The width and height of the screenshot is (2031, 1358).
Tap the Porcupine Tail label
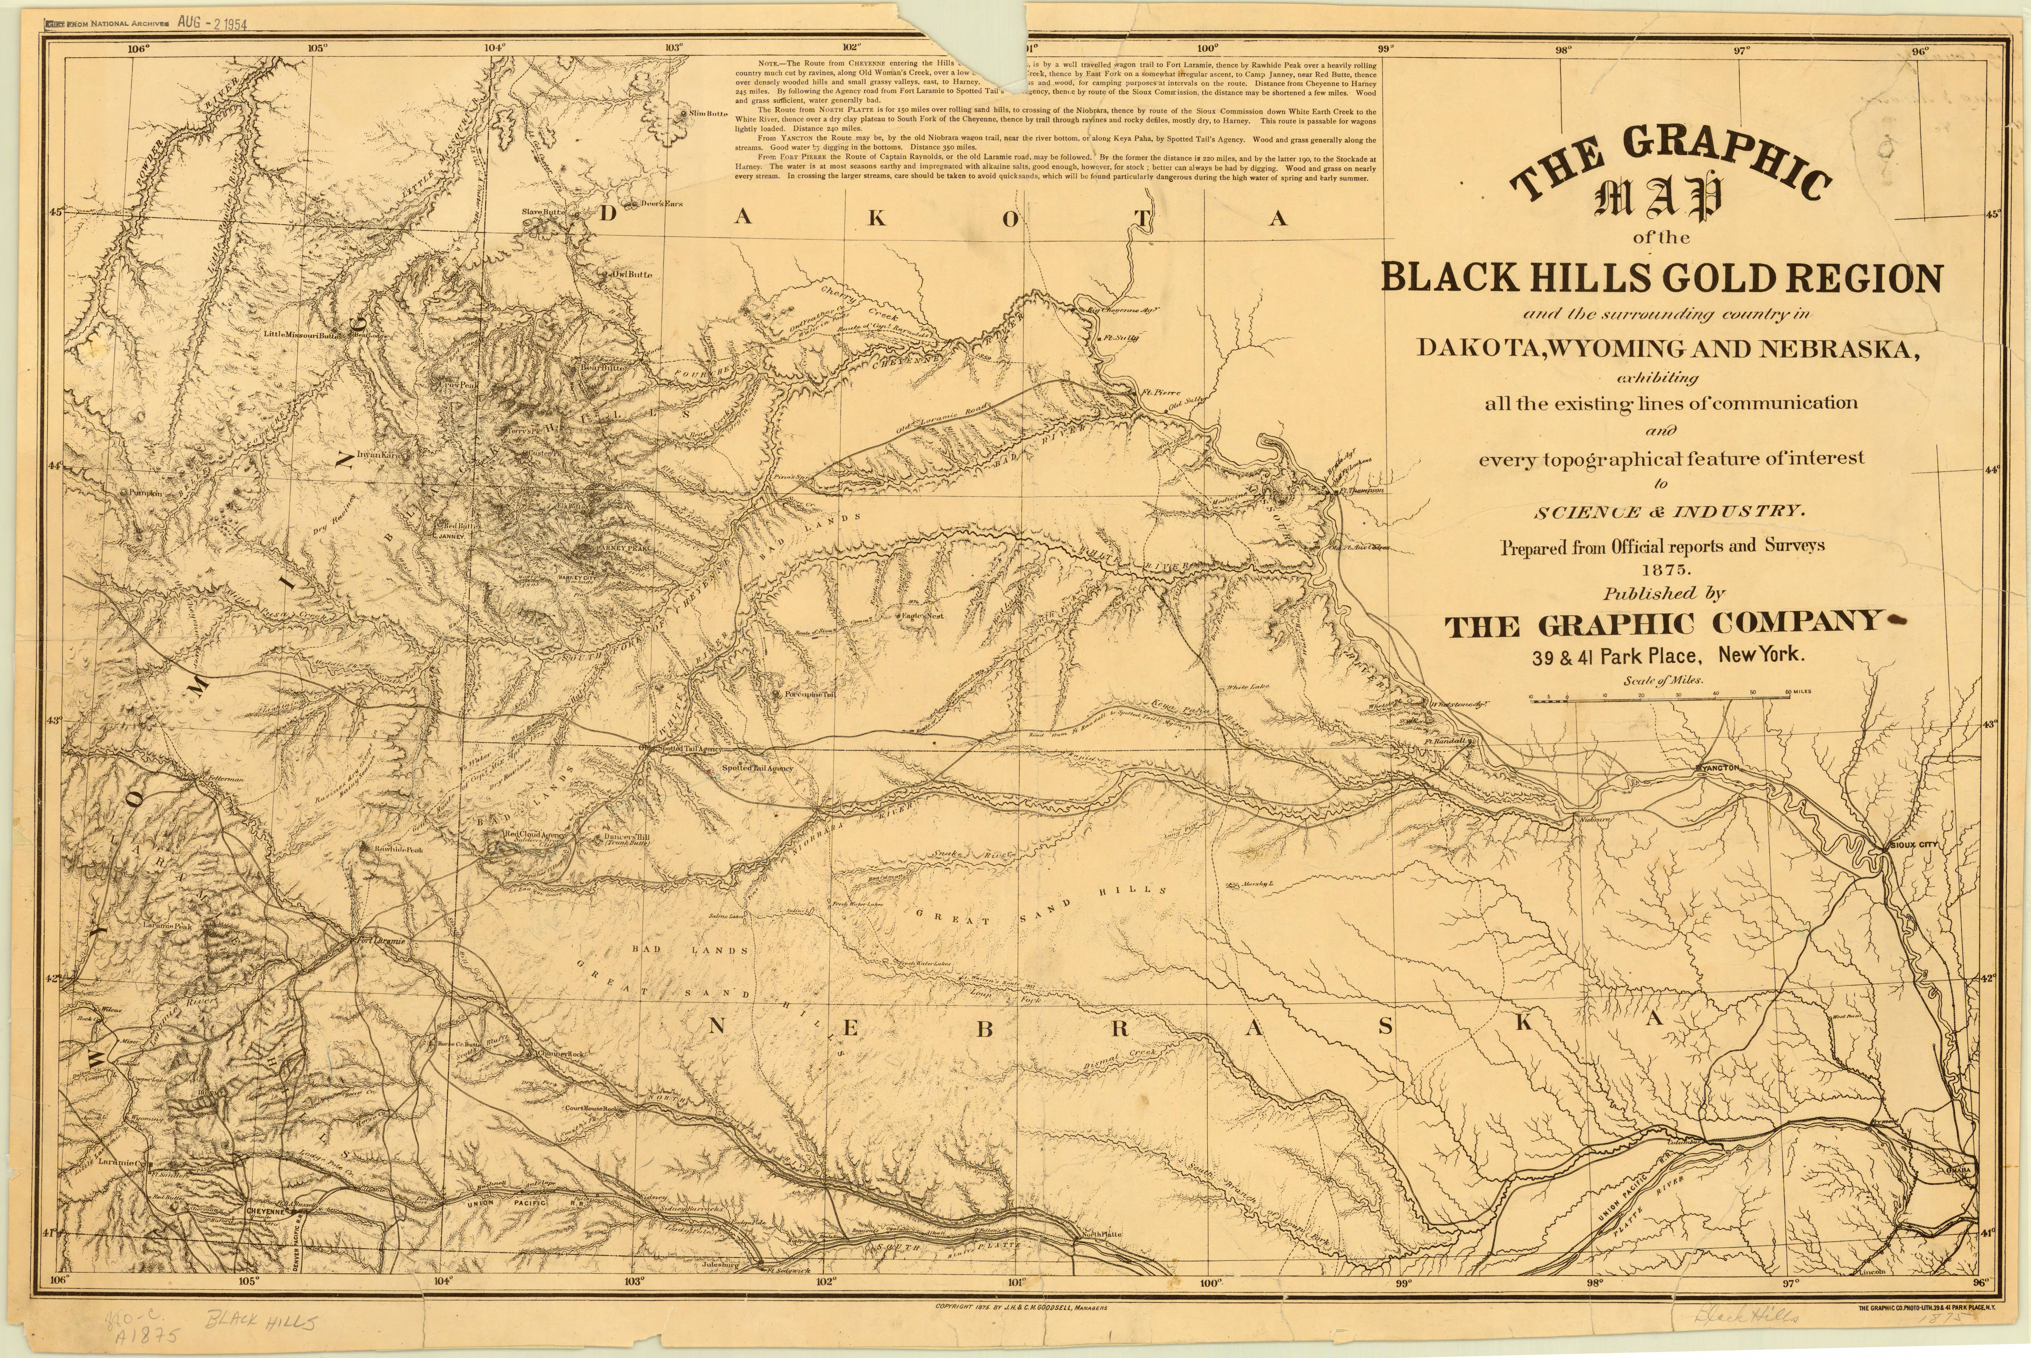coord(808,695)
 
